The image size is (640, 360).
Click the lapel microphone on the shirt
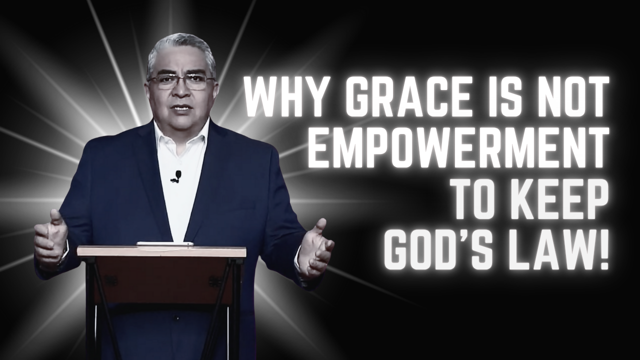[176, 176]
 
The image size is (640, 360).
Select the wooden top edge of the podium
[161, 251]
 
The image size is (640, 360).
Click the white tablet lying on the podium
[165, 243]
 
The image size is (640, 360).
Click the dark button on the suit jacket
[177, 317]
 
